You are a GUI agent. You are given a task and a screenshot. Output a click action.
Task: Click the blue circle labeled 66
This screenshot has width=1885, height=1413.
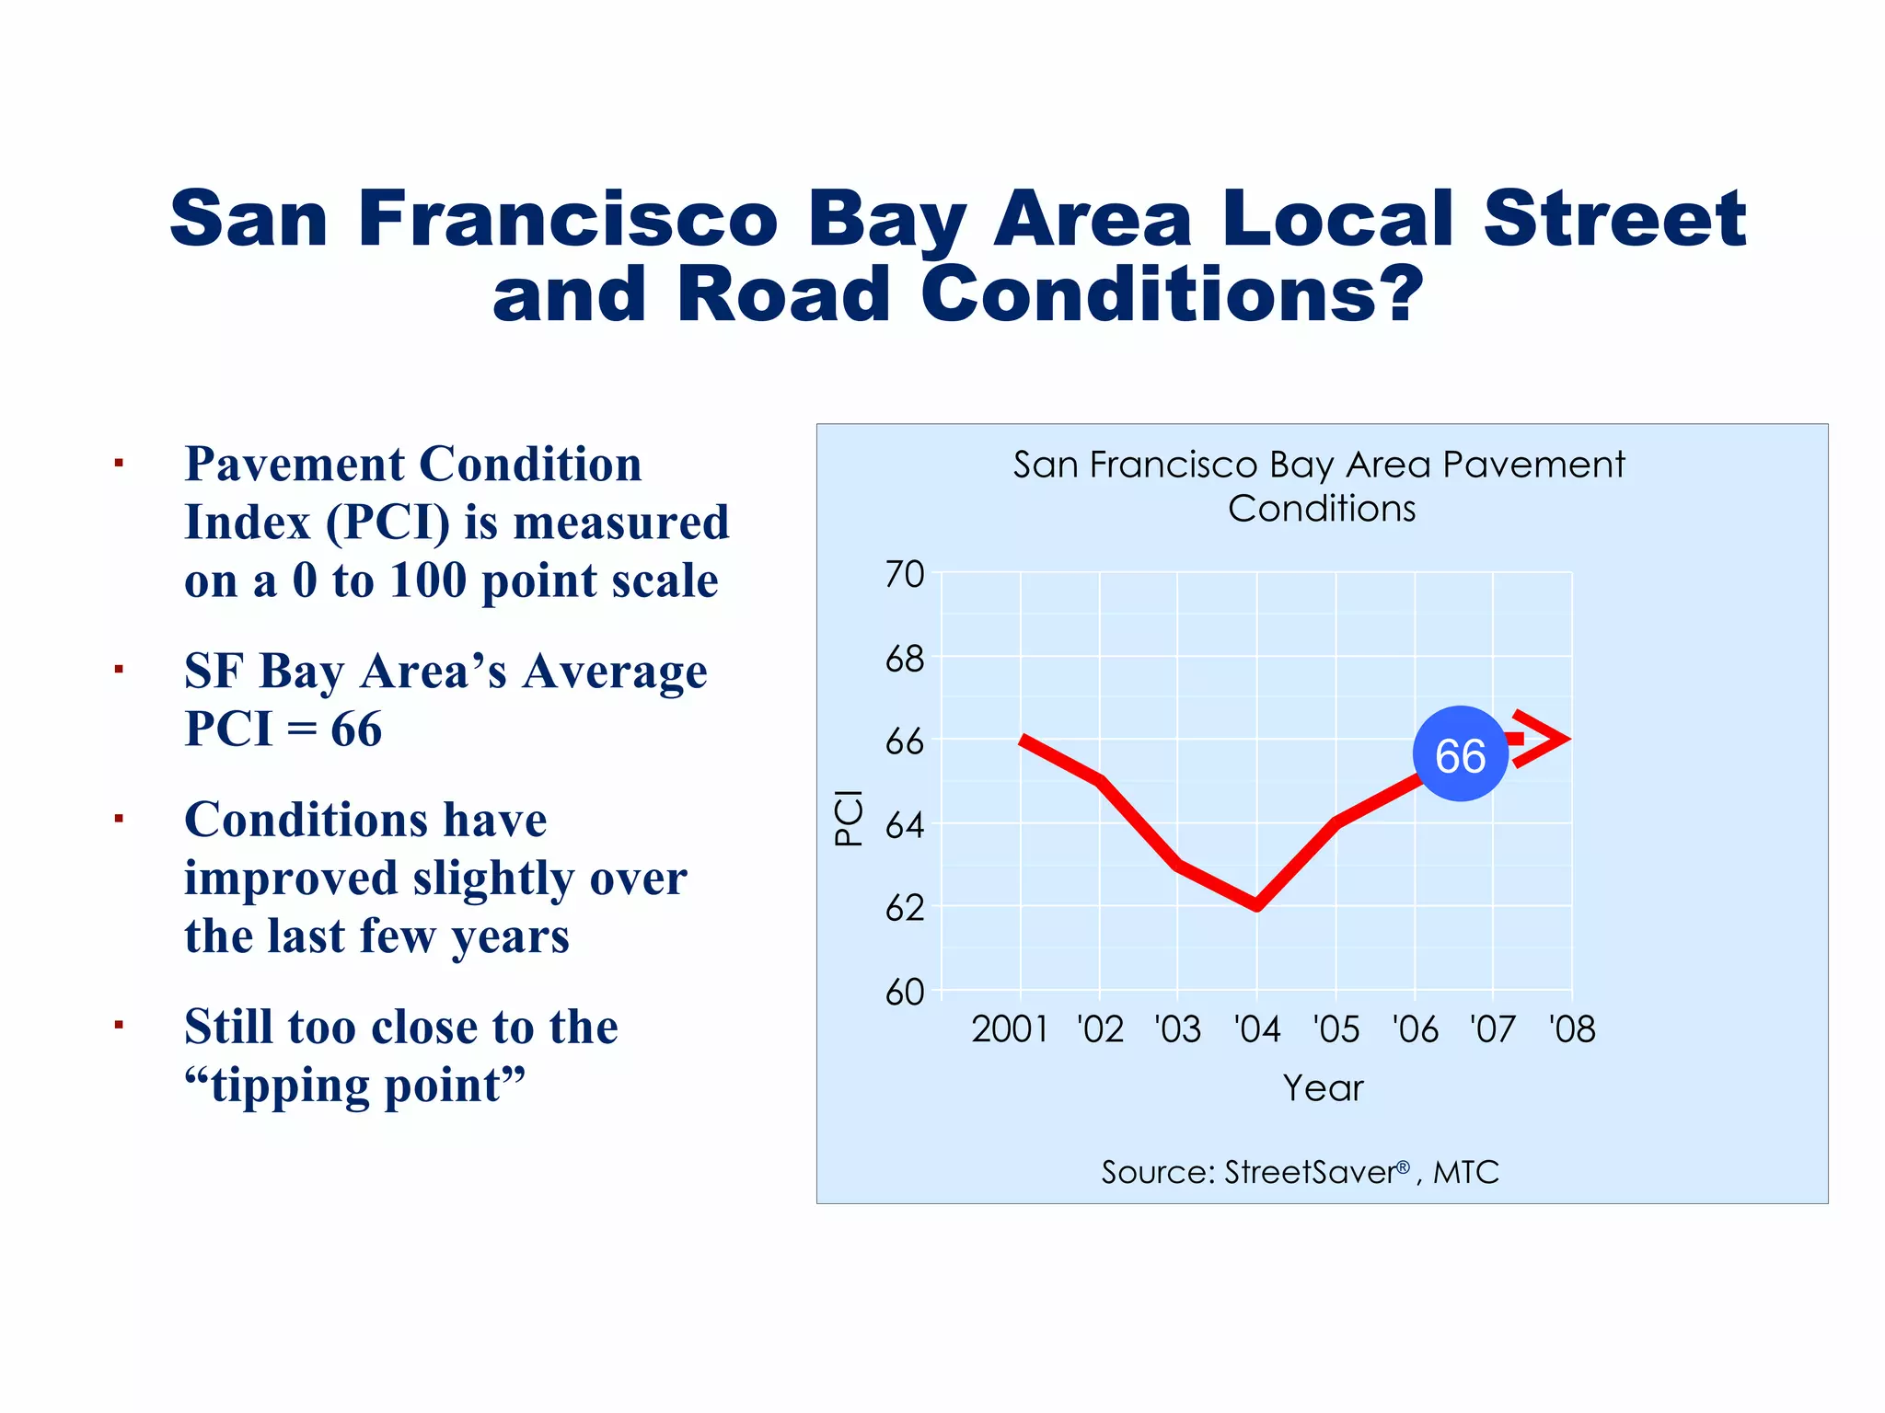(x=1460, y=754)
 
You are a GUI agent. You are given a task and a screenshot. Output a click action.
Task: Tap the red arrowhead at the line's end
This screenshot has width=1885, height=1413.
(x=1546, y=739)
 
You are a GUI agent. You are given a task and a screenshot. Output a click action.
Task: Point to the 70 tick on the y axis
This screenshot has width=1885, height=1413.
(x=905, y=574)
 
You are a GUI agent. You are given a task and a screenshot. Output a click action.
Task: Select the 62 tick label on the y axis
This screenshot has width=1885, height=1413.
(x=905, y=908)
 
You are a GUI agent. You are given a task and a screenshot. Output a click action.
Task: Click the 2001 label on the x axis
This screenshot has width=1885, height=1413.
(x=1010, y=1028)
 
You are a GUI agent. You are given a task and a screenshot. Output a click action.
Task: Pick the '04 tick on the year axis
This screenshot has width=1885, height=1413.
(x=1257, y=1028)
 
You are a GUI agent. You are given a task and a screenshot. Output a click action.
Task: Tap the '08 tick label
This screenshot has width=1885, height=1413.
(x=1572, y=1028)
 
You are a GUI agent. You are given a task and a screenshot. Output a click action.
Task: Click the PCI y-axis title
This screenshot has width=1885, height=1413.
(x=849, y=818)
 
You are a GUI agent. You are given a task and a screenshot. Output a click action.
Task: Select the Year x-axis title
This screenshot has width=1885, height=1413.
(x=1323, y=1088)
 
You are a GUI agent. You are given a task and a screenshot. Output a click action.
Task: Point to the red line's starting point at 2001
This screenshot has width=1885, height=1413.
(x=1023, y=740)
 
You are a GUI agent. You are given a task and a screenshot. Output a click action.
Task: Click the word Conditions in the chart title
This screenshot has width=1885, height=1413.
(x=1322, y=509)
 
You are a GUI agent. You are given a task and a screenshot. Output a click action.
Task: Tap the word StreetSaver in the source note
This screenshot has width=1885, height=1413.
(x=1311, y=1172)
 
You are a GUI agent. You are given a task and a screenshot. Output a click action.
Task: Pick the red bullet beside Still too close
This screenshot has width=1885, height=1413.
(x=119, y=1025)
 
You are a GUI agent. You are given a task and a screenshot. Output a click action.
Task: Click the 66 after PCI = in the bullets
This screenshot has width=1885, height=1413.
(x=356, y=729)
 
